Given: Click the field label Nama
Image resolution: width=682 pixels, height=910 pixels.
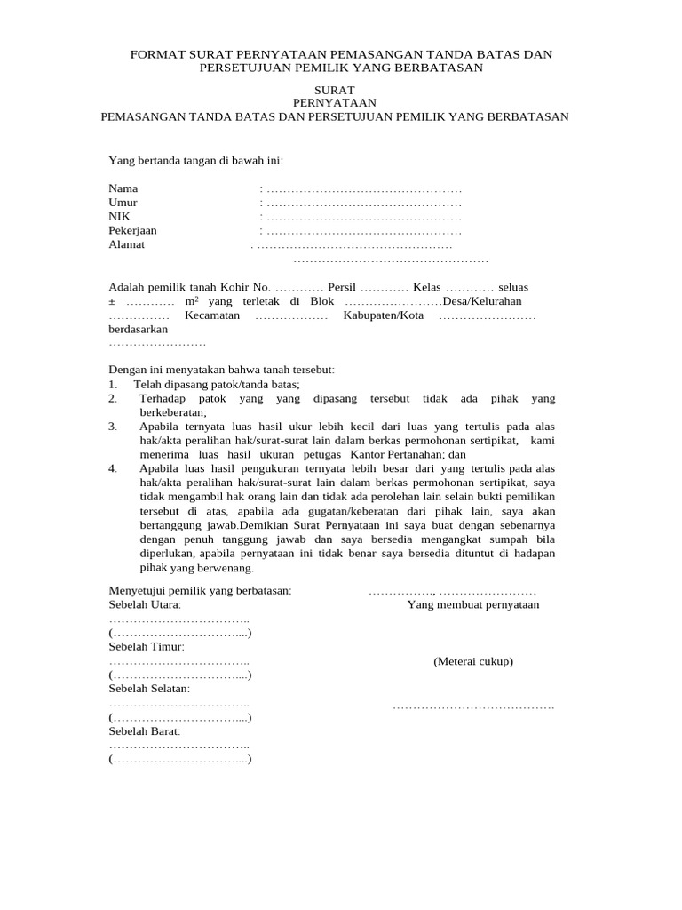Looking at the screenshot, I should point(123,189).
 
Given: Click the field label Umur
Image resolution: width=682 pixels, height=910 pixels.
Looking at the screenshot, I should point(123,203).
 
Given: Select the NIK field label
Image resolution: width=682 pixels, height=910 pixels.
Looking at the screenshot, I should point(119,217).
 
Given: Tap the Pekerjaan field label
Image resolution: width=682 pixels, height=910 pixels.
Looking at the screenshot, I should point(132,230).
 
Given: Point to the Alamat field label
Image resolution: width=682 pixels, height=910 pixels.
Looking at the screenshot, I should point(126,244).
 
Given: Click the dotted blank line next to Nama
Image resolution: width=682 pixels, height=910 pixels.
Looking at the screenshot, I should point(364,190).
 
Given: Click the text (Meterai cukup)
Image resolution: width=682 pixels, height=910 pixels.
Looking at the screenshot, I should point(473,661).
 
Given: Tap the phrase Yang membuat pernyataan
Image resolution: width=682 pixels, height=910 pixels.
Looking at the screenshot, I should point(473,605).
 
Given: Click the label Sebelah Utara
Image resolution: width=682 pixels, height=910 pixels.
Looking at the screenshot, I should point(144,605).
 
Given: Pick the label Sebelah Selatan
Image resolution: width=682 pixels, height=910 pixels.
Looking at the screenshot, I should point(149,689).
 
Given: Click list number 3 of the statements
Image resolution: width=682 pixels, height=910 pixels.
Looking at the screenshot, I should point(113,427).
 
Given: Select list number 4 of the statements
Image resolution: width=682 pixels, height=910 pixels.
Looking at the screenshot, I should point(113,468).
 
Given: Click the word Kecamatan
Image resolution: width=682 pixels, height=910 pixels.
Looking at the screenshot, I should point(212,315).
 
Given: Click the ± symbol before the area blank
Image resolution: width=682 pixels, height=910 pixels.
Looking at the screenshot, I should point(112,302).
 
